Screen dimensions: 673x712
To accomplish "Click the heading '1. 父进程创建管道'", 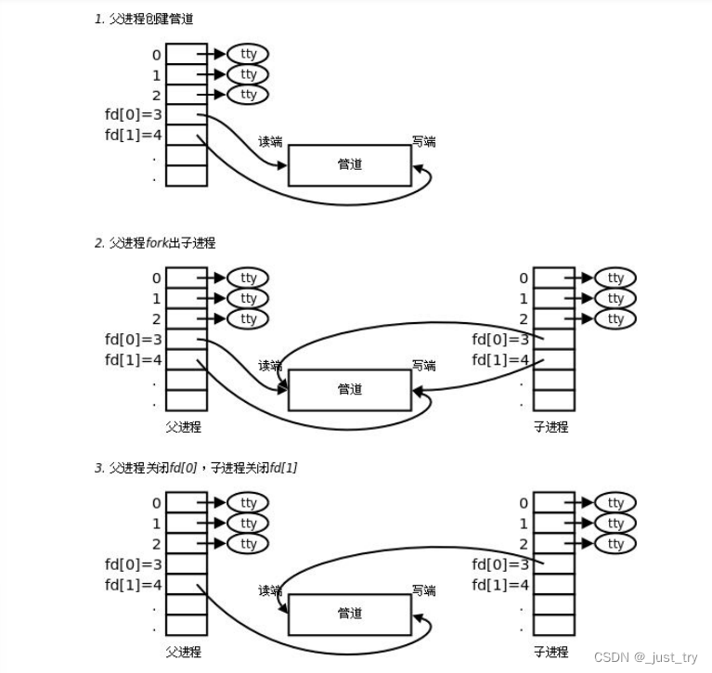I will tap(143, 19).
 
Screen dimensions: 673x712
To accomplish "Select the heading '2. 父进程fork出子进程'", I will tap(155, 243).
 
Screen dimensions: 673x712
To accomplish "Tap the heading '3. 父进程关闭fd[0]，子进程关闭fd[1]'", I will tap(196, 468).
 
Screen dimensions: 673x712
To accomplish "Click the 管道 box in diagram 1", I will tap(349, 165).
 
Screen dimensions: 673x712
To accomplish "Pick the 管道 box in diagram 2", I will tap(349, 390).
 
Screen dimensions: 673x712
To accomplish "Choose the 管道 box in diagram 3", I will tap(349, 614).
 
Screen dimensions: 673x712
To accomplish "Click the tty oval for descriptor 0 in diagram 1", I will tap(248, 54).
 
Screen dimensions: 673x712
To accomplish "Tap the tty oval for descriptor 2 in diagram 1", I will tap(248, 95).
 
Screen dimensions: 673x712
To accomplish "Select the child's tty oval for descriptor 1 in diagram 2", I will tap(615, 298).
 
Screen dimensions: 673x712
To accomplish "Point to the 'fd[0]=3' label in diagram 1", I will tap(134, 115).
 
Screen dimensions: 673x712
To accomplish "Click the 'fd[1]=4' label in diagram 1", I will tap(134, 136).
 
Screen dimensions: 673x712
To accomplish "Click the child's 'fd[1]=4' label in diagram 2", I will tap(501, 359).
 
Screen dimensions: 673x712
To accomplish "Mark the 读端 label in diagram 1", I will tap(270, 142).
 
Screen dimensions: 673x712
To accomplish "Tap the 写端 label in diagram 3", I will tap(424, 590).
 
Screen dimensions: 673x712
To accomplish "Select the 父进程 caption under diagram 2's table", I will tap(183, 428).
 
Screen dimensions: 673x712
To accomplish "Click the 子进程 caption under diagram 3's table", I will tap(550, 653).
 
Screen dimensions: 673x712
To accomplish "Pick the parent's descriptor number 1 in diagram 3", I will tap(156, 524).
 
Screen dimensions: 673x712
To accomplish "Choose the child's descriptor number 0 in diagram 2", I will tap(524, 278).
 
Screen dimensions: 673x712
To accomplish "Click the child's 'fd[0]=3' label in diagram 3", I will tap(501, 563).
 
